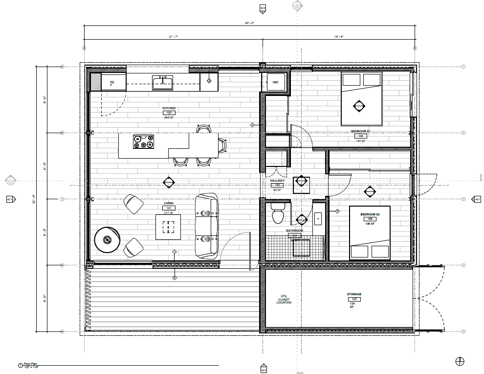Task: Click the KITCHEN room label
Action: click(x=169, y=108)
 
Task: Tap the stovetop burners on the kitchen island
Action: click(x=143, y=141)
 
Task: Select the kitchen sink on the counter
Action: click(x=162, y=83)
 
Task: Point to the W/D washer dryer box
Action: click(x=275, y=82)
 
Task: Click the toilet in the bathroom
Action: click(x=278, y=214)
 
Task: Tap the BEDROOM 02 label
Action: click(x=370, y=214)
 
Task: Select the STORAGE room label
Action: click(x=354, y=294)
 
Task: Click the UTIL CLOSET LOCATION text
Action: click(x=284, y=299)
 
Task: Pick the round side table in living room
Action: click(x=107, y=240)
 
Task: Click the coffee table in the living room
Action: click(x=168, y=227)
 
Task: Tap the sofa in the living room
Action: click(x=206, y=226)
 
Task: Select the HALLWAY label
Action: click(x=277, y=181)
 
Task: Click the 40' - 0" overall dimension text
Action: click(x=249, y=23)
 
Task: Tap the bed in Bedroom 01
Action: click(x=361, y=99)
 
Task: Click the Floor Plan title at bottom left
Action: click(x=30, y=364)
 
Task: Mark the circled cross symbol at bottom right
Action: click(x=459, y=361)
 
